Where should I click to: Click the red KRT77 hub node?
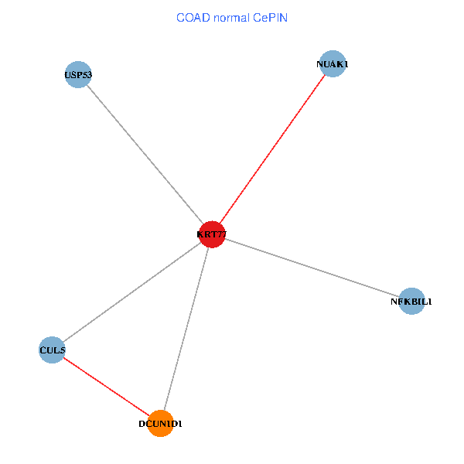point(211,234)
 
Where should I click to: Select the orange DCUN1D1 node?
point(160,423)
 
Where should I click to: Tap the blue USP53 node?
point(78,75)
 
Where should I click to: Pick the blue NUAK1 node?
point(333,64)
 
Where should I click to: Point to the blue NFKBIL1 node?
point(412,301)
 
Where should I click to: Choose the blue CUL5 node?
point(52,350)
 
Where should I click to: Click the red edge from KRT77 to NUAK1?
point(272,149)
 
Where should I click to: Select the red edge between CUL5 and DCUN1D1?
point(106,387)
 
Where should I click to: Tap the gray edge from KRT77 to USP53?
point(145,155)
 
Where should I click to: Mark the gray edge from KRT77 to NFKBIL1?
point(312,268)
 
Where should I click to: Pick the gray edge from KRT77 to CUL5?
point(131,292)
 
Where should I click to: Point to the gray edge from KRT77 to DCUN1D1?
point(186,329)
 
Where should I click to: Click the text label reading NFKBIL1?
point(412,301)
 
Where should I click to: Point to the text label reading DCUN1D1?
point(160,424)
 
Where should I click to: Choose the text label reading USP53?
point(78,75)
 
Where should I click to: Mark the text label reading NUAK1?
point(333,64)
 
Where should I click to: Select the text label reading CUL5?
point(52,350)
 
